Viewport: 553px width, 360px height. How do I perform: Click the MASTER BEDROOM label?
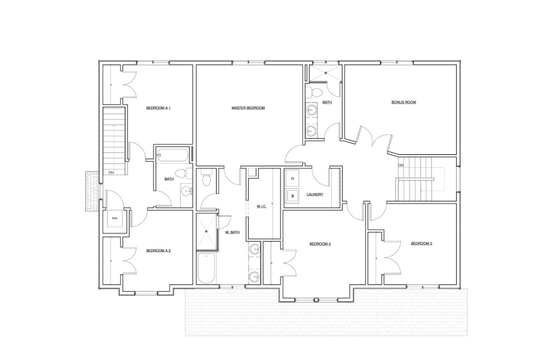click(x=248, y=108)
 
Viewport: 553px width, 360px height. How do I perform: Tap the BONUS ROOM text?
click(x=404, y=102)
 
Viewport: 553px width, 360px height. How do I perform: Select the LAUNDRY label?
click(x=315, y=194)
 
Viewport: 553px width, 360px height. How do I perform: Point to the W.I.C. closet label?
click(x=261, y=206)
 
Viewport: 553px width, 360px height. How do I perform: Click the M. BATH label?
click(x=233, y=233)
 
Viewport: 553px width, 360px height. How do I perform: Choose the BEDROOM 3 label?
click(x=320, y=244)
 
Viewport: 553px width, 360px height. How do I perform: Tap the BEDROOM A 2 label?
click(x=159, y=251)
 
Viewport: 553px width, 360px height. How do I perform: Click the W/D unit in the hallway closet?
click(x=114, y=218)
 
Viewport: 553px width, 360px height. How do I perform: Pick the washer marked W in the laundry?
click(x=292, y=195)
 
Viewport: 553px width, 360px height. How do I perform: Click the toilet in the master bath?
click(x=206, y=179)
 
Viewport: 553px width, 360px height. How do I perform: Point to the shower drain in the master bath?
click(x=206, y=231)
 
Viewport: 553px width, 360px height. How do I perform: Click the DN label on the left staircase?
click(x=111, y=173)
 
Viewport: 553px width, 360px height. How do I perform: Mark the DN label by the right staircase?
click(x=401, y=165)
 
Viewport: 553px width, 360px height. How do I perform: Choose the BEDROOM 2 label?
click(x=422, y=243)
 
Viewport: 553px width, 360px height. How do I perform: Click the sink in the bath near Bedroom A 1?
click(x=187, y=191)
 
